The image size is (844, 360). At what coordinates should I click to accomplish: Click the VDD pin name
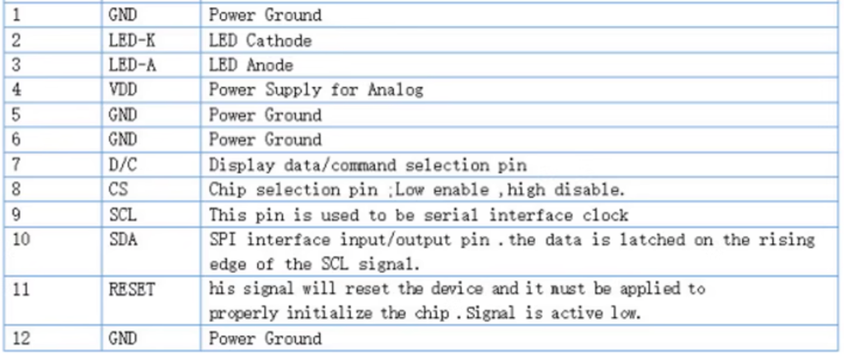click(123, 90)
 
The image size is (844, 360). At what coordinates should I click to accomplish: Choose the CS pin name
click(118, 189)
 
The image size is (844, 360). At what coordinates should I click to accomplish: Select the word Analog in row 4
click(395, 90)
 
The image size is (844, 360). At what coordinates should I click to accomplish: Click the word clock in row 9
click(602, 215)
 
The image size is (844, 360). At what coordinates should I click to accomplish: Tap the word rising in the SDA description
click(786, 240)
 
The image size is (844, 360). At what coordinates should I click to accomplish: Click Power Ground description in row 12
click(265, 339)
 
